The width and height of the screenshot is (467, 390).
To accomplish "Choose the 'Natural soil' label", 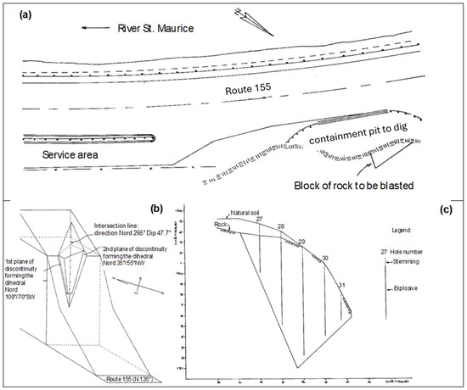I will (x=247, y=214).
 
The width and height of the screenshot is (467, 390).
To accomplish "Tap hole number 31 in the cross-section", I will (x=340, y=285).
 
